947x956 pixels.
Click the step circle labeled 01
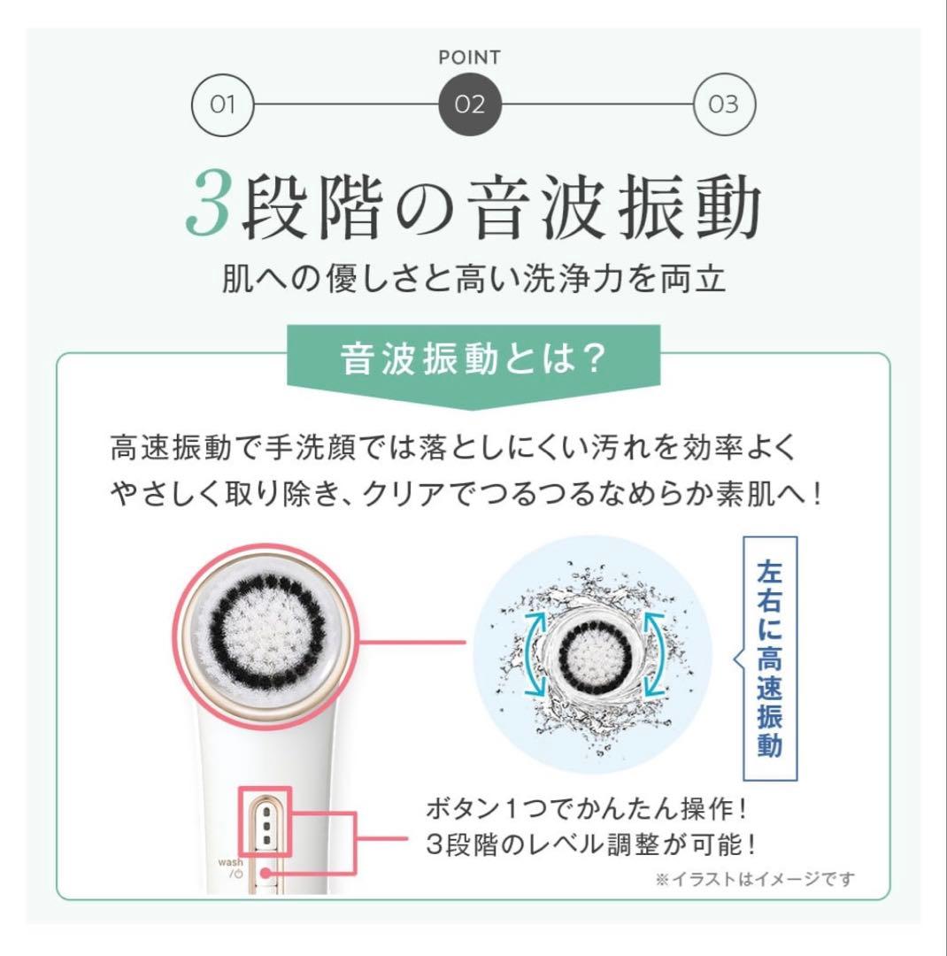[222, 105]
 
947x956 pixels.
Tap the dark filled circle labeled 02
[470, 105]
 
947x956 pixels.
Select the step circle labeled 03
[723, 105]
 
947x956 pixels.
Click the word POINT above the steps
[470, 58]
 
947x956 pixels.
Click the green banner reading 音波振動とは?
[473, 363]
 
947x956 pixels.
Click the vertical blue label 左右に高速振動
[769, 658]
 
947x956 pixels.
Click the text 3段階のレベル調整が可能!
[590, 844]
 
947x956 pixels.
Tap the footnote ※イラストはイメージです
[755, 879]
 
